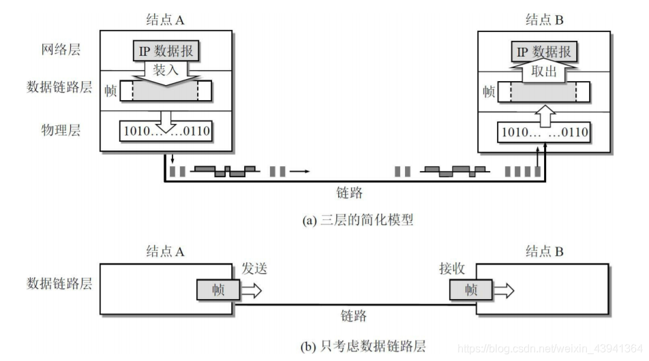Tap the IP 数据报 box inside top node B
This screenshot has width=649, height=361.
point(543,52)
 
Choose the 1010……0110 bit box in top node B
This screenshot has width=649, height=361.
point(543,131)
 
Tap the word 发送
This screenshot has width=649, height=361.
point(253,269)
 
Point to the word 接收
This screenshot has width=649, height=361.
point(452,269)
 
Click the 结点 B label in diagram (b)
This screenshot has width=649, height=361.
point(544,251)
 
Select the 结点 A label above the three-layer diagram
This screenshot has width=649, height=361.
point(166,20)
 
